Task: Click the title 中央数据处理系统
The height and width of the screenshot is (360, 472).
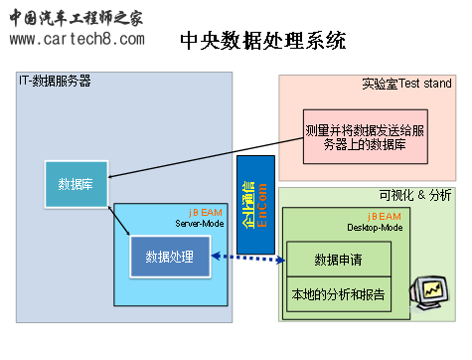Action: pyautogui.click(x=263, y=41)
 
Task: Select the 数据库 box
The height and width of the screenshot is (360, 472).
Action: pyautogui.click(x=76, y=184)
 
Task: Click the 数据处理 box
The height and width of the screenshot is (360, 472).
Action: pyautogui.click(x=170, y=258)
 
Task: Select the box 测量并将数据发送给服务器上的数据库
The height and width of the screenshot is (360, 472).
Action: pyautogui.click(x=368, y=137)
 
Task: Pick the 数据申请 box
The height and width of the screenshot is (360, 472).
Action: pyautogui.click(x=338, y=260)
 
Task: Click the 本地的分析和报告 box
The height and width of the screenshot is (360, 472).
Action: pyautogui.click(x=338, y=294)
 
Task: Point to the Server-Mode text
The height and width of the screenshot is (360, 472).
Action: pyautogui.click(x=198, y=224)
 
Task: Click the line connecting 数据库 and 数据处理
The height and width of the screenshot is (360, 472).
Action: pyautogui.click(x=119, y=222)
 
